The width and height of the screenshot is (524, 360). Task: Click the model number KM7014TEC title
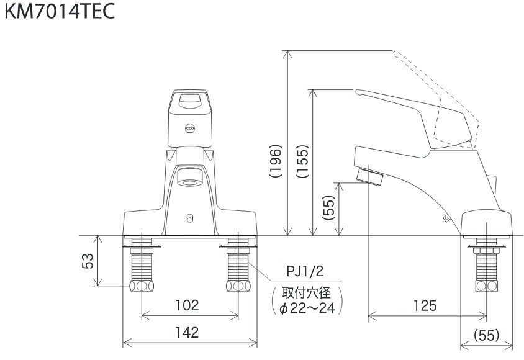click(60, 12)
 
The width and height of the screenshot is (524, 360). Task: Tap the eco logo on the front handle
click(190, 128)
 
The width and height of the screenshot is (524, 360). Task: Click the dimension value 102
click(187, 305)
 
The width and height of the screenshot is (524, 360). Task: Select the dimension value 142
click(187, 333)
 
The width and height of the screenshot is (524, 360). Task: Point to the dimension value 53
click(89, 261)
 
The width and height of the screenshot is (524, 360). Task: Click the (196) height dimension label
click(276, 163)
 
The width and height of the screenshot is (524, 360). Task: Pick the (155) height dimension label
click(302, 163)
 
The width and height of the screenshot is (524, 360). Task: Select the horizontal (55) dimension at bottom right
click(487, 334)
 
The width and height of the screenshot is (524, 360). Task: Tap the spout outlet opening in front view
click(190, 180)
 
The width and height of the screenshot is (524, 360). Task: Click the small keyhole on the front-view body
click(190, 218)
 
